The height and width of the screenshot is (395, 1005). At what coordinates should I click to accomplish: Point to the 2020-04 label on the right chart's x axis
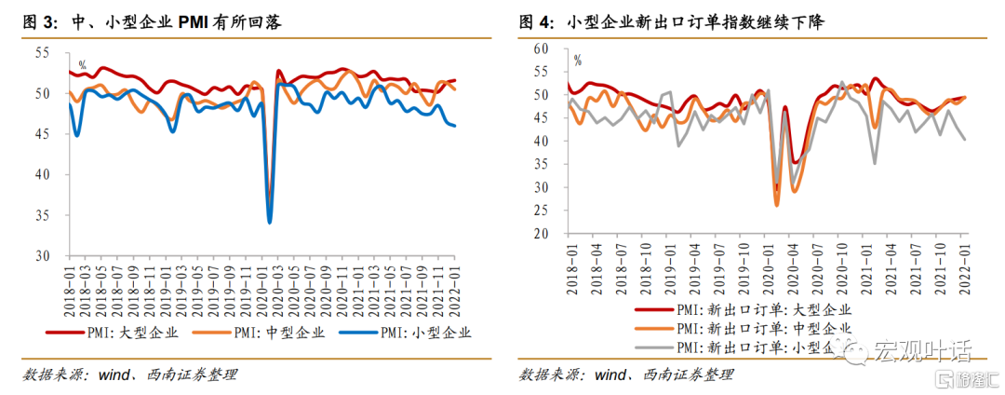[795, 266]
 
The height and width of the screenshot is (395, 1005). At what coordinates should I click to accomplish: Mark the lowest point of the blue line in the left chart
[270, 223]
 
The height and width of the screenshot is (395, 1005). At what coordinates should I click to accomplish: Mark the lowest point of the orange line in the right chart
[776, 204]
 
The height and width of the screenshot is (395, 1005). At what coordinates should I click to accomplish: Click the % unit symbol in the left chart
[82, 65]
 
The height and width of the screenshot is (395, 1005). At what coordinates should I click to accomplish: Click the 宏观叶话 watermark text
[921, 350]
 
